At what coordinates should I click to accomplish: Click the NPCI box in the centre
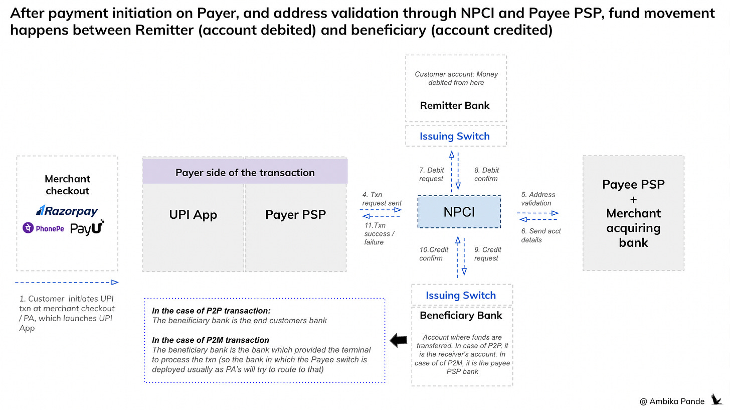[459, 212]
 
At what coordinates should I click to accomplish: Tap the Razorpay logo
[67, 211]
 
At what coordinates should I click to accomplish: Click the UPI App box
[193, 215]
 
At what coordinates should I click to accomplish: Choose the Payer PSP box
[295, 215]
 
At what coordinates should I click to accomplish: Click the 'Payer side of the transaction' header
[245, 173]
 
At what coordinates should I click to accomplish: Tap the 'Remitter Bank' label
[455, 105]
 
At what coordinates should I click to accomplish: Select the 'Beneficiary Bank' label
[461, 315]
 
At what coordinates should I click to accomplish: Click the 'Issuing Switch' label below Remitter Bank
[455, 136]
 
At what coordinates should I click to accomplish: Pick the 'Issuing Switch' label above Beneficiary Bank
[461, 295]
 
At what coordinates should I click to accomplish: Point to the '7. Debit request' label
[432, 174]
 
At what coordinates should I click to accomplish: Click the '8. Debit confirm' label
[486, 174]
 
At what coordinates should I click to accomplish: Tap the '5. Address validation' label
[538, 199]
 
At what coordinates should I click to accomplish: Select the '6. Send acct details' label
[541, 235]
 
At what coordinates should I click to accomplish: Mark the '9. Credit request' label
[487, 254]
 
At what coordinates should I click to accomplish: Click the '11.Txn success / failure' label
[380, 234]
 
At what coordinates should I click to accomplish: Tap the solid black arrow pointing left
[398, 341]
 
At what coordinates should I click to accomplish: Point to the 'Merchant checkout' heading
[67, 185]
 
